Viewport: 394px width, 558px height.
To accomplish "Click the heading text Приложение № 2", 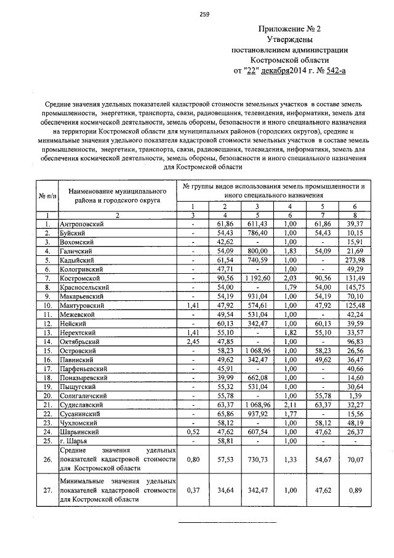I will click(x=289, y=29).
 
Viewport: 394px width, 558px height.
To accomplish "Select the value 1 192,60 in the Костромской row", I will click(x=257, y=278).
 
